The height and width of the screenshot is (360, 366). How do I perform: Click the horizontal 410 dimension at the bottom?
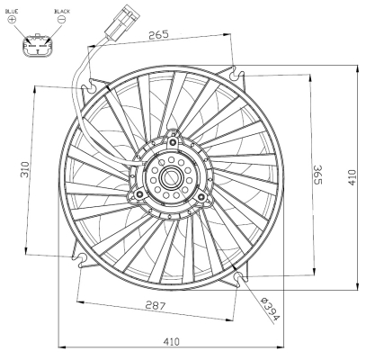(170, 340)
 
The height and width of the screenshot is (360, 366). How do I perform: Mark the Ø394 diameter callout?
(270, 309)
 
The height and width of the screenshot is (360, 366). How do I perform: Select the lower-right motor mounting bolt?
(202, 191)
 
